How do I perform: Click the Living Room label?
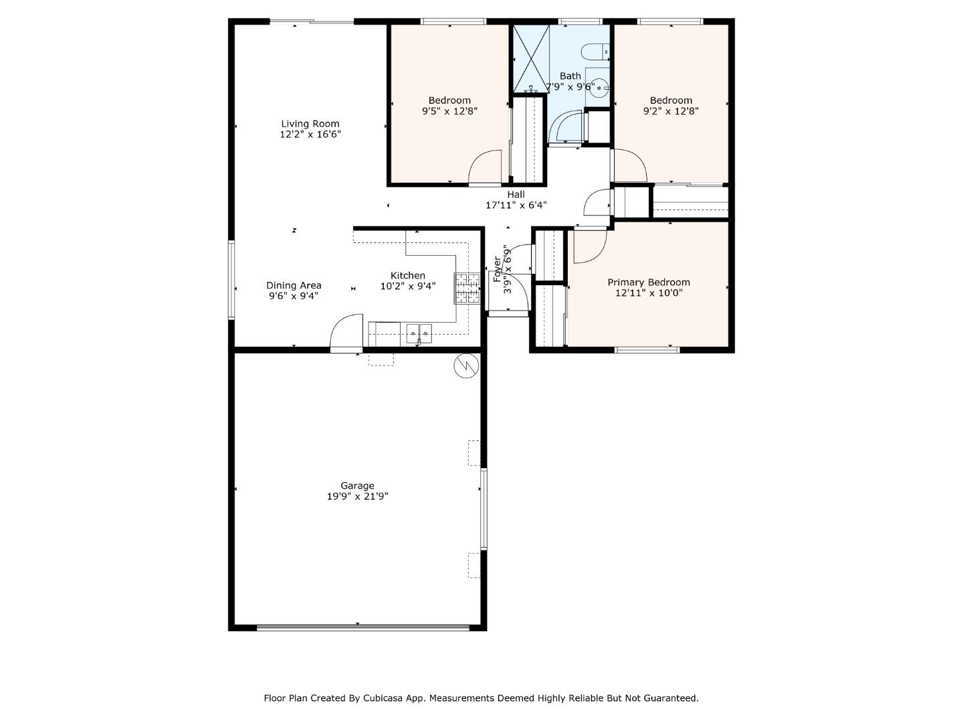point(310,124)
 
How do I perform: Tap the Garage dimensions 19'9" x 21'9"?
point(357,497)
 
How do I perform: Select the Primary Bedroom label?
point(648,283)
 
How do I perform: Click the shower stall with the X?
point(530,59)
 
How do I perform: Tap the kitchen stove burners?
point(467,288)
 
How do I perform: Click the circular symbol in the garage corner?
point(465,366)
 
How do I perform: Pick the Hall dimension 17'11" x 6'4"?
point(516,206)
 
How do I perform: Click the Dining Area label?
point(294,285)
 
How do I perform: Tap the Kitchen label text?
point(407,276)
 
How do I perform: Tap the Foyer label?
point(497,269)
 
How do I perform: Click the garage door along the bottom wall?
point(363,628)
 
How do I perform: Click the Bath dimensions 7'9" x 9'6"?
point(570,87)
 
